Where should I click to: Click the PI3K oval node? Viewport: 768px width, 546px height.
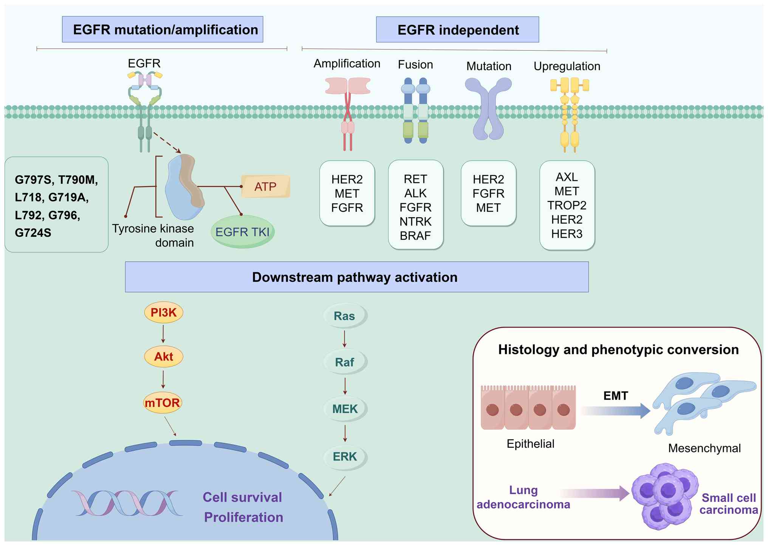pos(164,313)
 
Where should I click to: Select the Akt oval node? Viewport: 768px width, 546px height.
pos(164,357)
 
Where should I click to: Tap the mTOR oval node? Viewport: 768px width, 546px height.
pos(163,403)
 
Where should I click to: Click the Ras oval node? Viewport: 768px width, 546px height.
pos(345,316)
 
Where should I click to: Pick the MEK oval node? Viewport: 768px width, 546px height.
pos(345,409)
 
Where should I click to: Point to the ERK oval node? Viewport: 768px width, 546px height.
pos(345,457)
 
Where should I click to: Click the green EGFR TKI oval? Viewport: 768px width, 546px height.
pos(242,232)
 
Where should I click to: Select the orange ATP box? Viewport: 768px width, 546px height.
pos(266,186)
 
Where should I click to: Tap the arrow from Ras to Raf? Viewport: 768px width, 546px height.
pos(345,339)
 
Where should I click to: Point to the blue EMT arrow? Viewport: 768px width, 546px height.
pos(616,411)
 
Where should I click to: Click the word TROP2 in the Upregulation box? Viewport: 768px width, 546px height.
pos(567,205)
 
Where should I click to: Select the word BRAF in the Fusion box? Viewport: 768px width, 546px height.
pos(415,236)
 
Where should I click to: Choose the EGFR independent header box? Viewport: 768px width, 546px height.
pos(457,30)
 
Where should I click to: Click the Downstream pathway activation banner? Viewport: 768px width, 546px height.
pos(356,277)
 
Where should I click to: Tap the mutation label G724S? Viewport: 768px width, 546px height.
pos(33,233)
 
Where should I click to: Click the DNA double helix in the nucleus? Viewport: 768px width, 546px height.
pos(127,503)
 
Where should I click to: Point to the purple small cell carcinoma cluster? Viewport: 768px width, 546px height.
pos(665,495)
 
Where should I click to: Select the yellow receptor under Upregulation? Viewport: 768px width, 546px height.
pos(570,113)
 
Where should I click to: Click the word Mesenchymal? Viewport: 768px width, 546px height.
pos(704,448)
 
